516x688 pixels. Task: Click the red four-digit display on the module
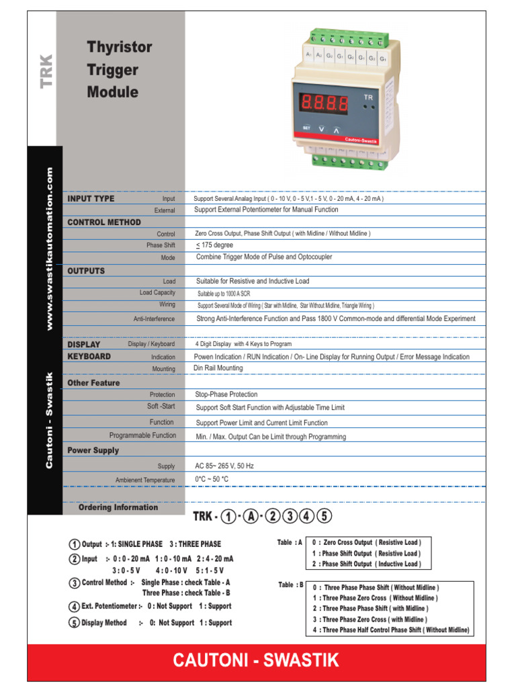(x=325, y=103)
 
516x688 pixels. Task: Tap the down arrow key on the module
(x=321, y=128)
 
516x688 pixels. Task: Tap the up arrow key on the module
(x=337, y=128)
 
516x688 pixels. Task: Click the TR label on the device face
(x=368, y=97)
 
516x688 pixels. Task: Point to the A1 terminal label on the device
(x=309, y=54)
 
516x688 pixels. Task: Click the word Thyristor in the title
(x=120, y=48)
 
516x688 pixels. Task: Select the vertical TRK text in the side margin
(x=46, y=71)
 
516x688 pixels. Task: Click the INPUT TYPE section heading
(x=91, y=199)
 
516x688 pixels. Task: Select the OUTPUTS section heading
(x=86, y=271)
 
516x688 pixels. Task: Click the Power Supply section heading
(x=93, y=450)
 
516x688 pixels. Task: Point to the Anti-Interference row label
(x=154, y=319)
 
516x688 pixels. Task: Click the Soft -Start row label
(x=161, y=406)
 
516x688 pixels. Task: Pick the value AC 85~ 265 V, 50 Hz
(x=224, y=466)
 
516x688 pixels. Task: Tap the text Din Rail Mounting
(x=218, y=368)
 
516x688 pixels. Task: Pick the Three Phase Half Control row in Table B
(x=391, y=630)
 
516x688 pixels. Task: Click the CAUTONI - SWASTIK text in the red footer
(x=256, y=660)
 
